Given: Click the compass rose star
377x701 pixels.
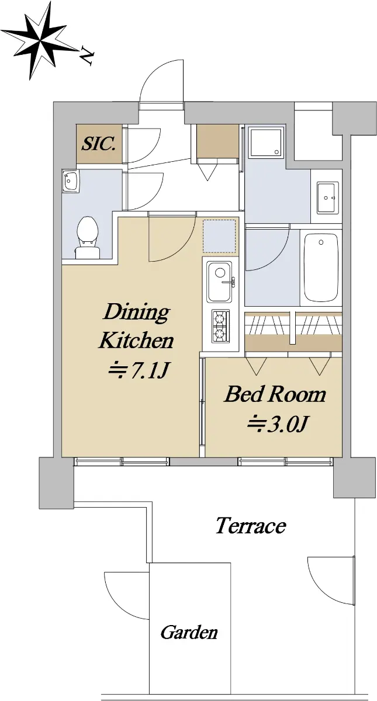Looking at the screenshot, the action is pos(40,41).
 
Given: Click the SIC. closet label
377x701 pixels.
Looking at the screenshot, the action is pos(99,144).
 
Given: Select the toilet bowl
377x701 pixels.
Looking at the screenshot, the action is pos(87,238).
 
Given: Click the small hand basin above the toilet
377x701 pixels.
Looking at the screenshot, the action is pos(71,181).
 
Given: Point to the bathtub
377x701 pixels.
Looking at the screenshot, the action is pos(321,267).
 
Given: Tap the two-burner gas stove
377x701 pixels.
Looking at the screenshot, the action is pos(220,326).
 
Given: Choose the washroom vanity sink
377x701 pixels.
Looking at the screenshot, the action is pos(327,198).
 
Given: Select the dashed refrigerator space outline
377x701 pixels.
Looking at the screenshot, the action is pos(219,236).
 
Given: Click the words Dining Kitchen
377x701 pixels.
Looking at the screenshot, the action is pos(137,326).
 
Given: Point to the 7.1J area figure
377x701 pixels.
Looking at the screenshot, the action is pos(139,371).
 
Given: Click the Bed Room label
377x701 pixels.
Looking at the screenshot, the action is pos(275,395).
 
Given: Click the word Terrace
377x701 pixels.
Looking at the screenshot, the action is pos(251,526).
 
